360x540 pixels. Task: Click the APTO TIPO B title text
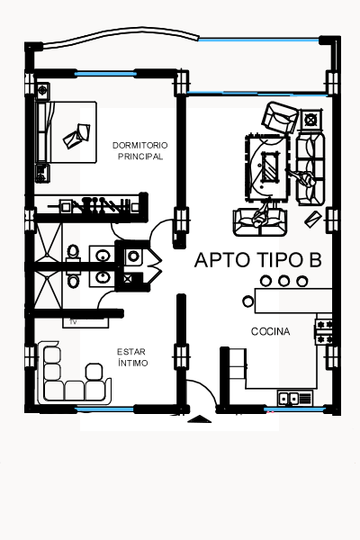[258, 260]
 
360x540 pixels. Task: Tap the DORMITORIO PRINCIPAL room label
[140, 151]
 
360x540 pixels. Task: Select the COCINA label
[270, 331]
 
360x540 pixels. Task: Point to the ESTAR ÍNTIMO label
[132, 357]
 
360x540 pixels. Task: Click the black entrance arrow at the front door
[199, 419]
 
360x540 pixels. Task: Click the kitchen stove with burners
[324, 331]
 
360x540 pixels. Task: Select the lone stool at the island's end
[247, 301]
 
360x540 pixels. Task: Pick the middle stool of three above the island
[283, 281]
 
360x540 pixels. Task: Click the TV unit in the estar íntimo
[85, 322]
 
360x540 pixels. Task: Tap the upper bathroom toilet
[73, 253]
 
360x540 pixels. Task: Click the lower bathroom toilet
[73, 279]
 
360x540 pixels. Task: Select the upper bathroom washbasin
[103, 256]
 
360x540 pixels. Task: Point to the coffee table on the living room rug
[270, 167]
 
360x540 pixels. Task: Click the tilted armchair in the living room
[280, 117]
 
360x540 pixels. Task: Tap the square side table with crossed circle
[311, 120]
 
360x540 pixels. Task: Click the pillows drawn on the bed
[77, 136]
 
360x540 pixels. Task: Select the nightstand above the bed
[42, 91]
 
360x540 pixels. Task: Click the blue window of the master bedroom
[105, 74]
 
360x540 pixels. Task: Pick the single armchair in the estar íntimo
[94, 372]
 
